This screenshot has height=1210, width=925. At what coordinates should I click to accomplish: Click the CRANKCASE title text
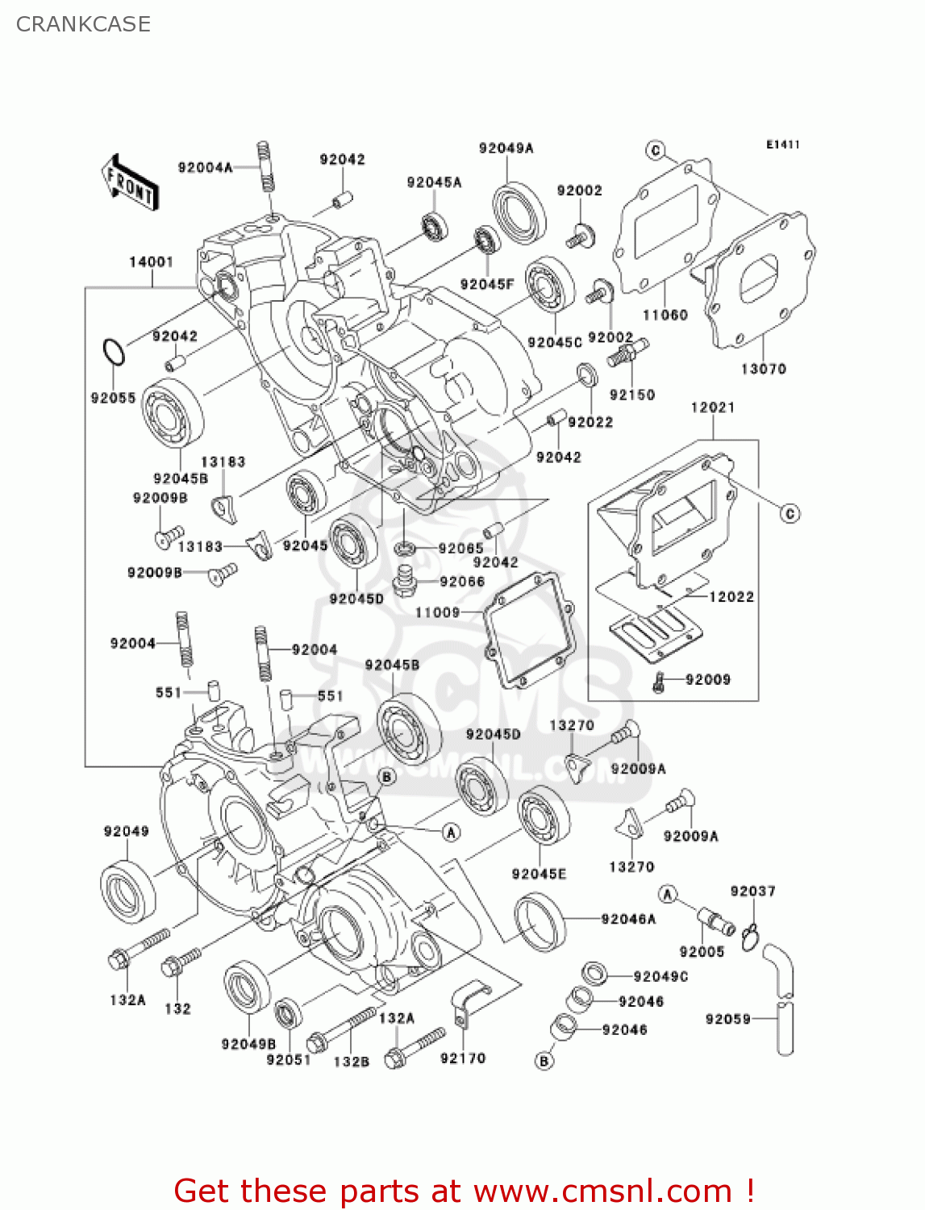coord(83,24)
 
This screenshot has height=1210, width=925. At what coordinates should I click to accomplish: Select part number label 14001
coord(151,262)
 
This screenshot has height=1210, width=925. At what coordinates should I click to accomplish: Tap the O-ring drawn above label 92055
coord(114,353)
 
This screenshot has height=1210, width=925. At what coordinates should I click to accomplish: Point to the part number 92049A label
coord(506,148)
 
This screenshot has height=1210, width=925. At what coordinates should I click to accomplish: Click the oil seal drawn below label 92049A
coord(519,211)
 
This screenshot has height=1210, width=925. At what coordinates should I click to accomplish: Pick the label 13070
coord(763,369)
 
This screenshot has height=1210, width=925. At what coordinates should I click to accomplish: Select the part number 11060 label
coord(665,315)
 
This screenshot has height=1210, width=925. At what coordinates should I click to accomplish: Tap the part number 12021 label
coord(713,408)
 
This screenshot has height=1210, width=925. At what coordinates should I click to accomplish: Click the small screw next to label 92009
coord(659,682)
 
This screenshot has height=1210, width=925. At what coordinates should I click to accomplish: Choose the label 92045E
coord(539,874)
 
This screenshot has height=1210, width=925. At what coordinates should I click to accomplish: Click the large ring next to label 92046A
coord(540,920)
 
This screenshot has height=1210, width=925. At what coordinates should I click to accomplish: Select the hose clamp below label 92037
coord(750,936)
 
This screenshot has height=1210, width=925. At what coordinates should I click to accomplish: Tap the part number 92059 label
coord(727,1020)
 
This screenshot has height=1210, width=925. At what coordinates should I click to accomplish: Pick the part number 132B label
coord(351,1062)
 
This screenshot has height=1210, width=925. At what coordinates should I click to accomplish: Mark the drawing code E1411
coord(782,145)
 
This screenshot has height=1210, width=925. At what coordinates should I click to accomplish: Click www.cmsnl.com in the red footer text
coord(602,1191)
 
